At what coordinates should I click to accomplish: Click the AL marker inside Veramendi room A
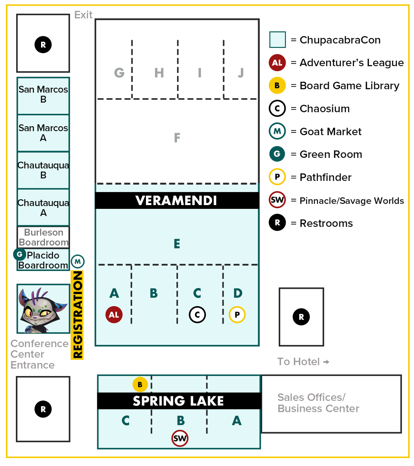(x=114, y=315)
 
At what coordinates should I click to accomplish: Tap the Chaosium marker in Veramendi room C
(x=197, y=315)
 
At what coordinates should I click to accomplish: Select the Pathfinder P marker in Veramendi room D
(x=237, y=315)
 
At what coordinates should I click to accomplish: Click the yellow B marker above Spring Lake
(x=140, y=385)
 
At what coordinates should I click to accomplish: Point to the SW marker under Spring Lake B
(x=180, y=438)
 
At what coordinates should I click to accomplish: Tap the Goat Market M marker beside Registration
(x=78, y=262)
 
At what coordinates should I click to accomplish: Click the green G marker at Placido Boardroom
(x=20, y=254)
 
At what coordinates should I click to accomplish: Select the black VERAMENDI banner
(x=177, y=201)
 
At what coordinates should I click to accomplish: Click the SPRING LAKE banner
(x=179, y=401)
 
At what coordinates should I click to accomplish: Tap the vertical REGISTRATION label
(x=77, y=315)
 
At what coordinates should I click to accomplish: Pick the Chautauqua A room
(x=43, y=207)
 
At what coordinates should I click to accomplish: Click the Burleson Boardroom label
(x=43, y=237)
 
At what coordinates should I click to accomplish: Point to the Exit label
(x=83, y=15)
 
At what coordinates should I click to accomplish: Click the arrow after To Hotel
(x=326, y=362)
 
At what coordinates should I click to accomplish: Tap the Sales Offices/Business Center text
(x=318, y=403)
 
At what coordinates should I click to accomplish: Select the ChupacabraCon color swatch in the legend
(x=277, y=40)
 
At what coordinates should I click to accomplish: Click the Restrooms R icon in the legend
(x=277, y=223)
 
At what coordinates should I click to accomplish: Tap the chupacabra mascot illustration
(x=43, y=309)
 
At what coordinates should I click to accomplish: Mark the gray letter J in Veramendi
(x=241, y=73)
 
